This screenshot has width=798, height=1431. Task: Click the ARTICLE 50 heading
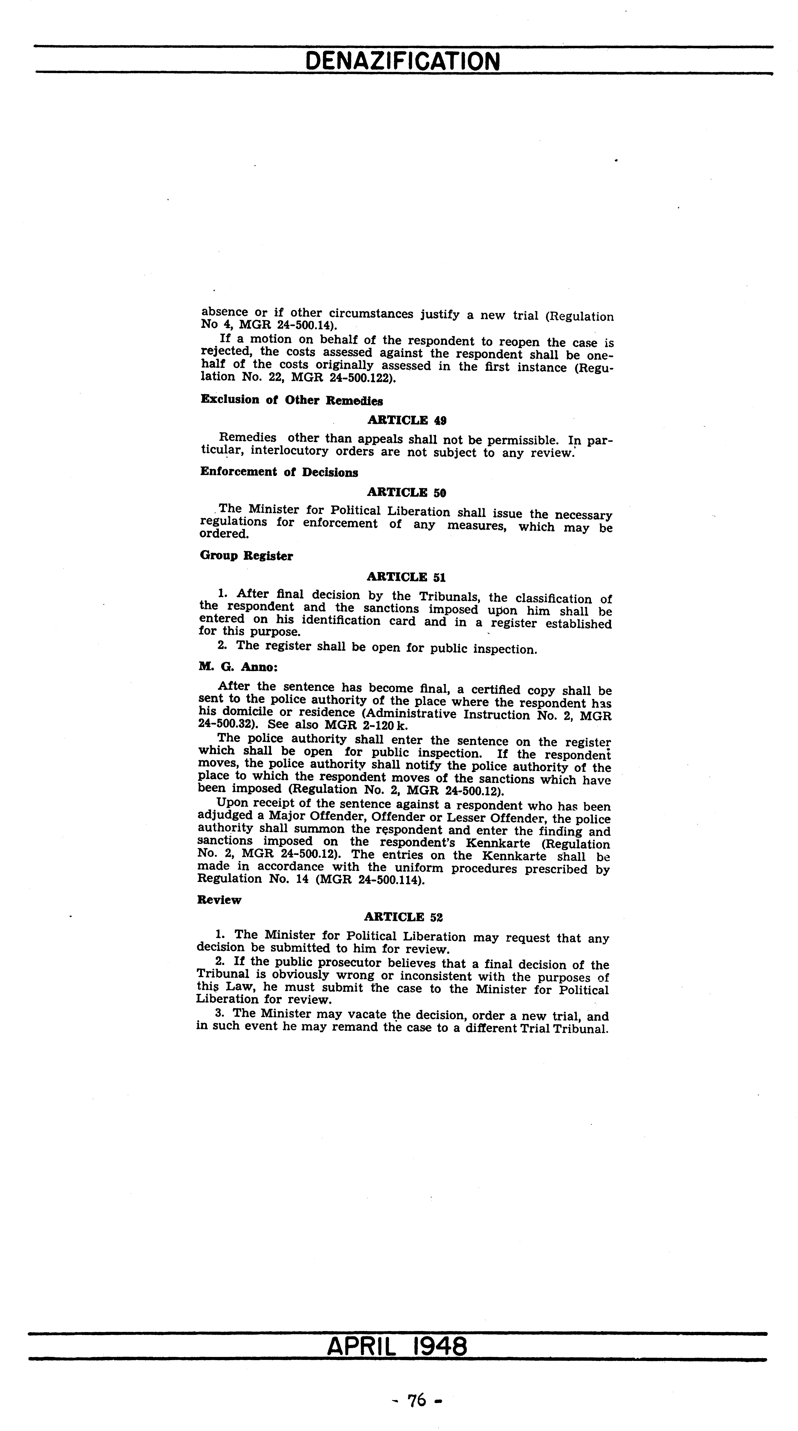406,492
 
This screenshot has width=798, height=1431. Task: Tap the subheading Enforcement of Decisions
279,472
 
